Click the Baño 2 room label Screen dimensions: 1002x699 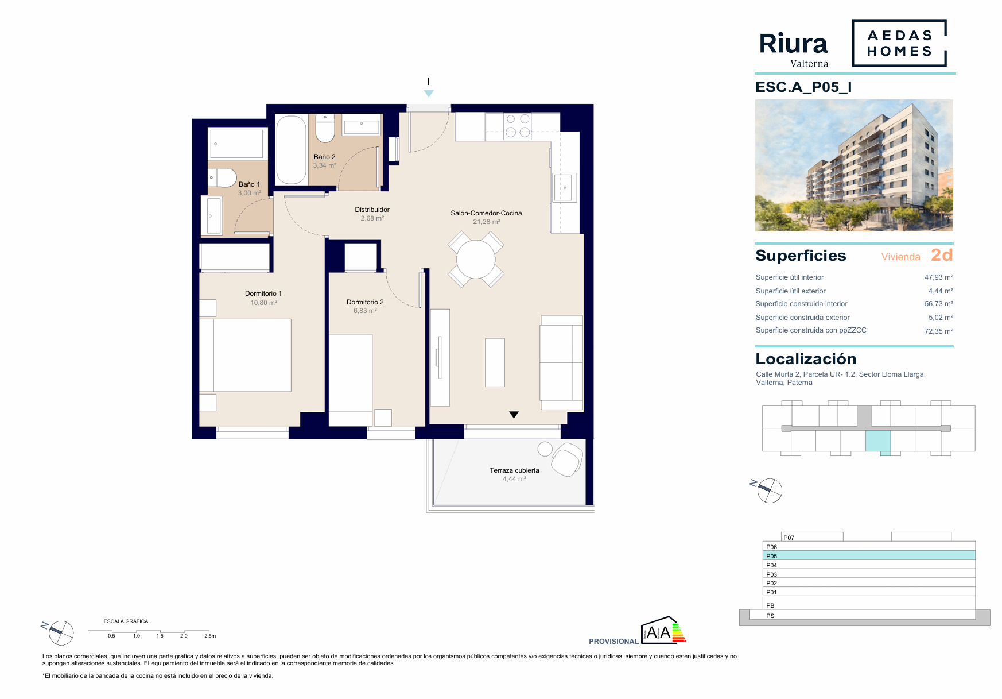[x=324, y=157]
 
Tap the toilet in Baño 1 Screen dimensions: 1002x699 [x=222, y=178]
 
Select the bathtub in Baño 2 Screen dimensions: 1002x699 [x=291, y=150]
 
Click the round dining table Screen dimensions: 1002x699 [x=476, y=260]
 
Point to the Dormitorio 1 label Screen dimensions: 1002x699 [x=263, y=293]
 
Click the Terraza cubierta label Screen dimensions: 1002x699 [x=514, y=470]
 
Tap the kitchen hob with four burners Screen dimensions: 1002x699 [x=518, y=126]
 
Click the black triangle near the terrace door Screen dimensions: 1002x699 [x=514, y=414]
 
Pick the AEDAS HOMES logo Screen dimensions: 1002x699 [x=899, y=43]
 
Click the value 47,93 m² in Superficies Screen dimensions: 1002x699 [x=938, y=277]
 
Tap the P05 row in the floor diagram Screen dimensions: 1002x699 [x=869, y=555]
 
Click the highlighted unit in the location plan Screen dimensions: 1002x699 [x=878, y=441]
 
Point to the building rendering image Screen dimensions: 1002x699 [x=854, y=165]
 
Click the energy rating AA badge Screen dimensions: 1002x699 [x=663, y=630]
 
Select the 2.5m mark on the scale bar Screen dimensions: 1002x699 [x=210, y=636]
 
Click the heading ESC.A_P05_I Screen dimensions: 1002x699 [x=803, y=87]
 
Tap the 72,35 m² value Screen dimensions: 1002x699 [x=938, y=331]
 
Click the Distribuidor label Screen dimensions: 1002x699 [x=372, y=210]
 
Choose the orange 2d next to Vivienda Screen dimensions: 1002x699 [x=942, y=255]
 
